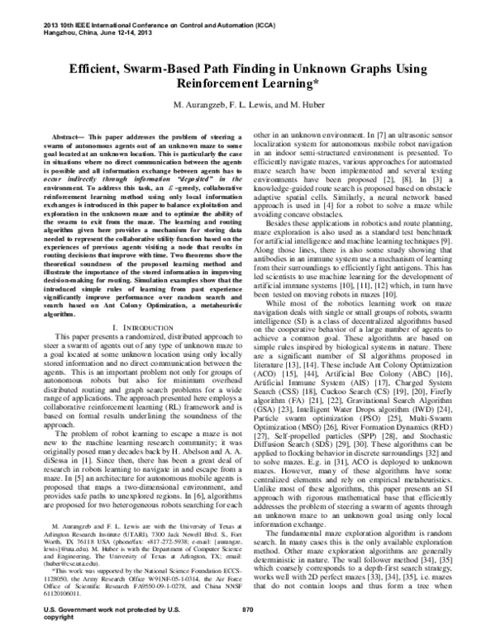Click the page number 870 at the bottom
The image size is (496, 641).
(247, 632)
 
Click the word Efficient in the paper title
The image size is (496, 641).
(98, 72)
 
